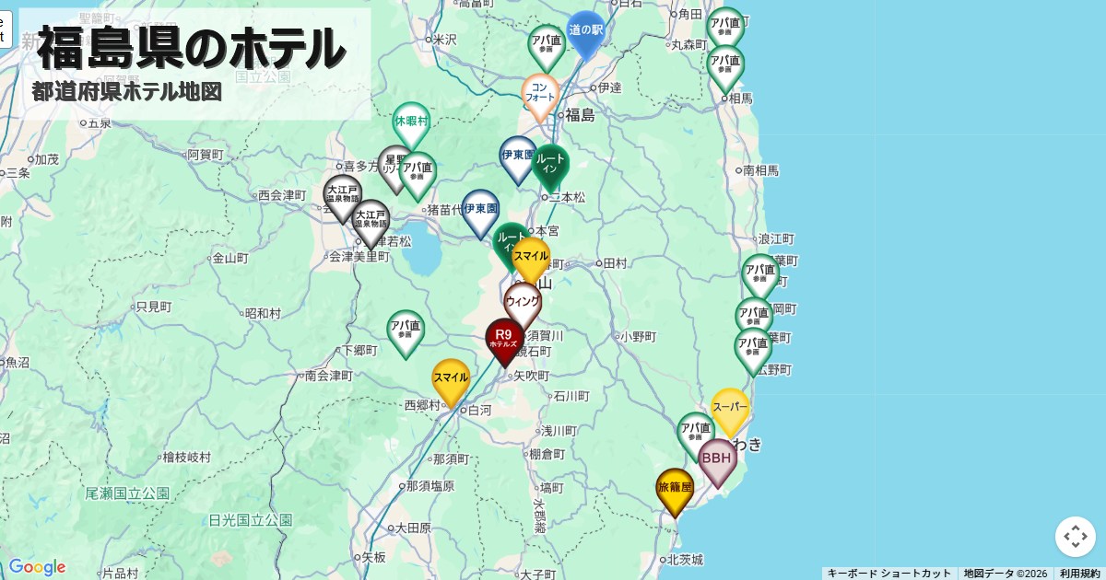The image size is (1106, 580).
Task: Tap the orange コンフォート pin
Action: [540, 94]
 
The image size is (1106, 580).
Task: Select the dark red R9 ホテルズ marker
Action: [504, 339]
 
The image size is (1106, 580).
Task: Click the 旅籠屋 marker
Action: [675, 489]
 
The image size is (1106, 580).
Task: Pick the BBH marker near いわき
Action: [717, 458]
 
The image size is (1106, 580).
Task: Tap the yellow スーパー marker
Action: [730, 408]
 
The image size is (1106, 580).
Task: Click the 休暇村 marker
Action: [411, 122]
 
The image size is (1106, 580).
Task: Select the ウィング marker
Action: [523, 303]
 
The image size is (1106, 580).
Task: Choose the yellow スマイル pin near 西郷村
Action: [451, 379]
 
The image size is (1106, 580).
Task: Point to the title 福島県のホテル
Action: [192, 49]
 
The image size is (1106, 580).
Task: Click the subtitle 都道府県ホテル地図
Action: [127, 92]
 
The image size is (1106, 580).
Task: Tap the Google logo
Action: [37, 567]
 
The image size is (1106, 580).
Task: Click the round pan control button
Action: [1075, 537]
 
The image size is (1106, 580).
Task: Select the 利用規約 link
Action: [1079, 574]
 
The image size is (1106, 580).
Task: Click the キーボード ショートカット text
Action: [888, 574]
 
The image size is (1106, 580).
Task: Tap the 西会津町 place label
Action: [282, 195]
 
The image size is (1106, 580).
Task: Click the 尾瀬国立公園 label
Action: [127, 493]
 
